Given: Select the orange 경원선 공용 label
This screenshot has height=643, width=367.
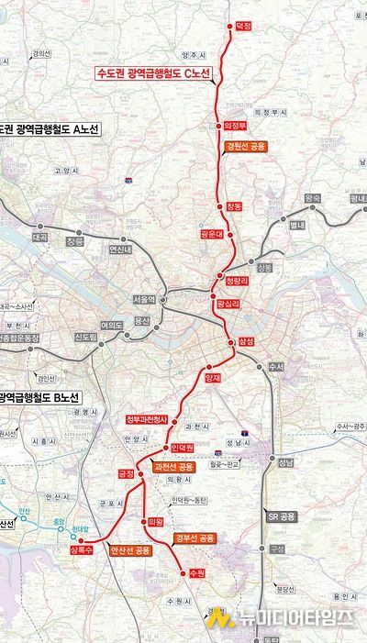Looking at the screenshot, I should [245, 146].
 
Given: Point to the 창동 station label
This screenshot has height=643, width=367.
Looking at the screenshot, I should [235, 207].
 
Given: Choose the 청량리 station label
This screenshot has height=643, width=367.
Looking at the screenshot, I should [238, 283].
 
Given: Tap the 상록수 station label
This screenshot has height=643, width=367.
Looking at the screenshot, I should [80, 550].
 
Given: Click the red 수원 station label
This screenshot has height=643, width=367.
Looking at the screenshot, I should [193, 572].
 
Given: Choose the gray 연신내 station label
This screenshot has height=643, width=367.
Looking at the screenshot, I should [120, 249].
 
